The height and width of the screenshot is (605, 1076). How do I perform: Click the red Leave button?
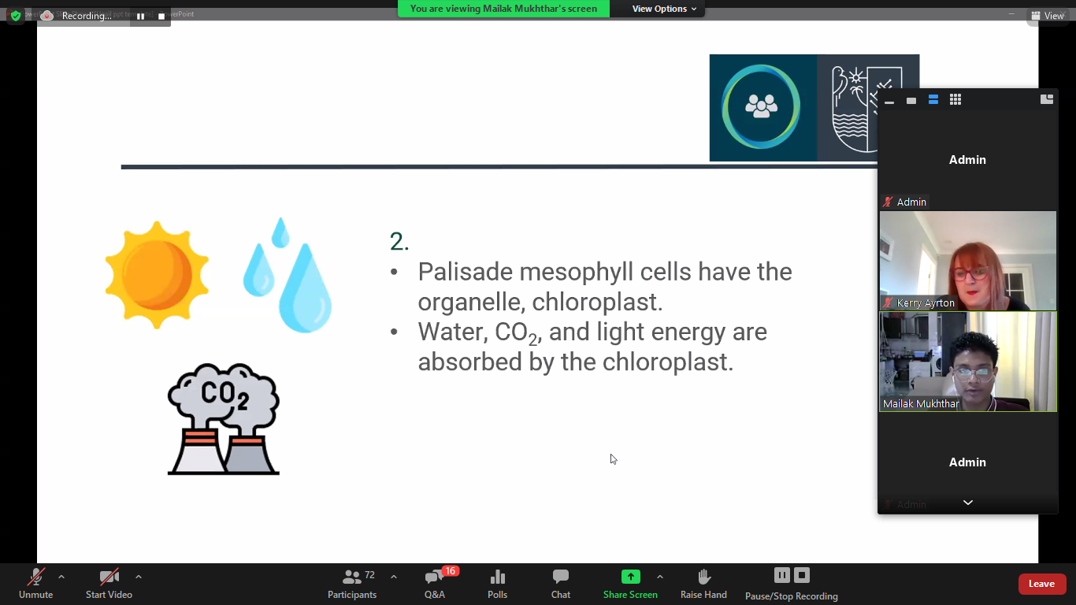[1041, 584]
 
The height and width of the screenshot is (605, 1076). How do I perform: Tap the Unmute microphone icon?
[35, 577]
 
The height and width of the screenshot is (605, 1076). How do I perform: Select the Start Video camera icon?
[109, 577]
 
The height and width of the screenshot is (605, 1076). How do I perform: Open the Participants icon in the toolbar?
[351, 577]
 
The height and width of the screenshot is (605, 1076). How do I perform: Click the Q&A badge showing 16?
[450, 571]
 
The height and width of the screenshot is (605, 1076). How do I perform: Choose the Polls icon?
[498, 577]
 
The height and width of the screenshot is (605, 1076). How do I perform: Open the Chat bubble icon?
[561, 576]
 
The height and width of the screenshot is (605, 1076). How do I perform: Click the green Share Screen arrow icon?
[630, 576]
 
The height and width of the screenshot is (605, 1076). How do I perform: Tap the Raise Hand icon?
[703, 576]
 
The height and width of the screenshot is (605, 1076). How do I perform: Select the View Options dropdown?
[664, 9]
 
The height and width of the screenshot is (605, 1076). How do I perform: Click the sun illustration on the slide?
[157, 275]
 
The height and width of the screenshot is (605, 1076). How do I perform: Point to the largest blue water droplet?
[306, 288]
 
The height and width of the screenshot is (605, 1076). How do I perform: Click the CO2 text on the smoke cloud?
[224, 395]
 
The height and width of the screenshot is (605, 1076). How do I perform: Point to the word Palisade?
[465, 272]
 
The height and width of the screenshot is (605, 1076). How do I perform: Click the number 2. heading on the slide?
[399, 241]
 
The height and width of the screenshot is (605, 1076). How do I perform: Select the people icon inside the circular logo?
[761, 106]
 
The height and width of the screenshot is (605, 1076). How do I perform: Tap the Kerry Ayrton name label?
[926, 303]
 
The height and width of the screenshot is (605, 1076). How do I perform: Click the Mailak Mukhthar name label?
[921, 404]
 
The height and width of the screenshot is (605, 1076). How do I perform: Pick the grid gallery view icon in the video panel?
[955, 99]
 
